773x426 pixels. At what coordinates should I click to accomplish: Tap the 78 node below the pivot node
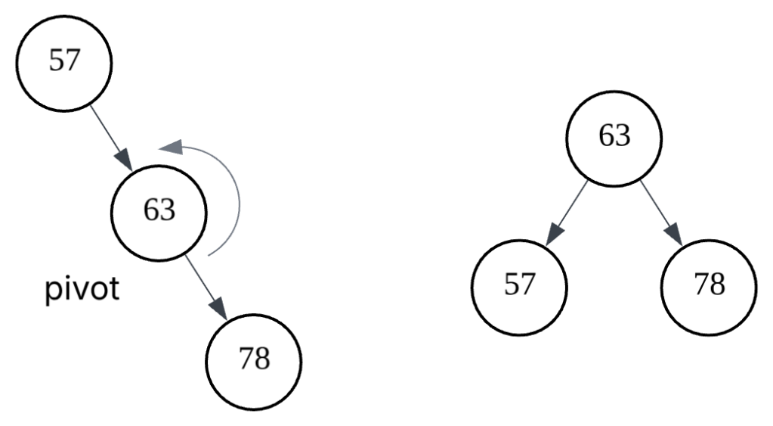[x=254, y=360]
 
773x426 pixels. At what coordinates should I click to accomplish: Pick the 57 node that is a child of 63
[x=519, y=286]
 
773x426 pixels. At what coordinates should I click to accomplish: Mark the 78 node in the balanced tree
[x=709, y=286]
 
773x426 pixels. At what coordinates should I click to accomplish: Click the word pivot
[x=82, y=291]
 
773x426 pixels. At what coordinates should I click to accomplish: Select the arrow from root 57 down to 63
[x=110, y=136]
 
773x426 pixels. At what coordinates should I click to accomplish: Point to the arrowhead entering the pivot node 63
[x=125, y=160]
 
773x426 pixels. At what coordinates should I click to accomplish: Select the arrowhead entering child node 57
[x=554, y=234]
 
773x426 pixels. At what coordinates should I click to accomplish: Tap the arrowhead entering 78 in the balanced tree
[x=674, y=234]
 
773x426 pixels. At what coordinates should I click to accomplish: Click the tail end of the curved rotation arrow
[x=209, y=256]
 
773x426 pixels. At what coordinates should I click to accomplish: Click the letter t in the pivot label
[x=114, y=290]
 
